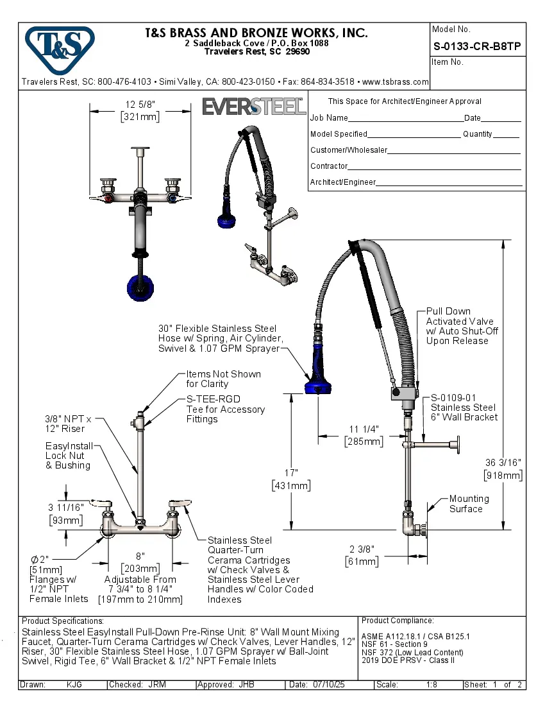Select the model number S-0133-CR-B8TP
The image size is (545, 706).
coord(476,46)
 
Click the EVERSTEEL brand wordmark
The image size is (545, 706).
coord(254,106)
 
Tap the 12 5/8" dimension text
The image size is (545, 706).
coord(140,105)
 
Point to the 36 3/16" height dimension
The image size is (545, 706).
coord(503,463)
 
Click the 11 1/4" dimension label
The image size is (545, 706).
coord(364,429)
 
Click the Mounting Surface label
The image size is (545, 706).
coord(468,504)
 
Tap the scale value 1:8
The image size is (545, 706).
coord(432,685)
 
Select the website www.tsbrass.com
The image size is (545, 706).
coord(395,82)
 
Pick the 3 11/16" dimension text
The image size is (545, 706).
coord(67,507)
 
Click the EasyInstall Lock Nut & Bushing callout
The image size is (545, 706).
coord(69,456)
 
